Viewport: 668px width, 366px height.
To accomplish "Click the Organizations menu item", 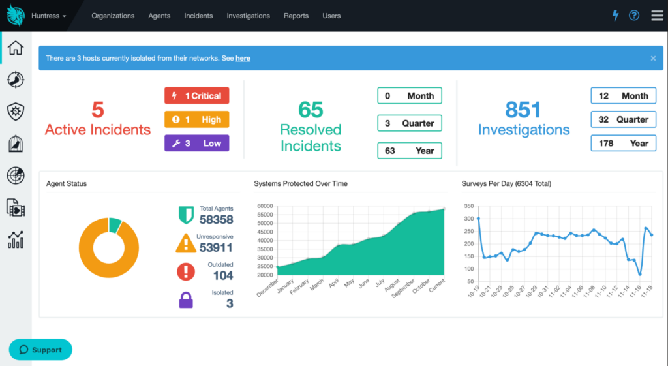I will [113, 16].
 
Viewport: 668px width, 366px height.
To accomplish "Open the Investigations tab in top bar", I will [248, 16].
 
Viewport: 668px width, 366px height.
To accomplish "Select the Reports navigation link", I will [296, 16].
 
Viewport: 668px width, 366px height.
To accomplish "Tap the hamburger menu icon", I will [657, 16].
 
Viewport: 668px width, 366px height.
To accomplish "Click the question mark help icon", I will [634, 16].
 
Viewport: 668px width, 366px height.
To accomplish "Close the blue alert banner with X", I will [653, 58].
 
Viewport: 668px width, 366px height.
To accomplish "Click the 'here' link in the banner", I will [243, 59].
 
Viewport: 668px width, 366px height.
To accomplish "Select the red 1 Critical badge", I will [196, 96].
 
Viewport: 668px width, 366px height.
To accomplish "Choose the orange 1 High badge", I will [196, 120].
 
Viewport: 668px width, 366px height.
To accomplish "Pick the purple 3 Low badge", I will [196, 144].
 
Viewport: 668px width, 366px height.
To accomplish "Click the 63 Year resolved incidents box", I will [409, 151].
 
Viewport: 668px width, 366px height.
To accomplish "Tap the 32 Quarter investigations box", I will [623, 120].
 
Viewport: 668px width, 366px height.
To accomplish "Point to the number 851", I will [523, 110].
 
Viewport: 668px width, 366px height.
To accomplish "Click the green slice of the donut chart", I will [115, 225].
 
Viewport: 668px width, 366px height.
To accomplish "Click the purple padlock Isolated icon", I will [186, 300].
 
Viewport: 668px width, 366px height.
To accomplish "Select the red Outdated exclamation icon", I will [186, 271].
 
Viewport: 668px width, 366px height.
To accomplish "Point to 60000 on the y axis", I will [264, 206].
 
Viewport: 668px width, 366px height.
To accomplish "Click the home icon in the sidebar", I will [15, 48].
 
